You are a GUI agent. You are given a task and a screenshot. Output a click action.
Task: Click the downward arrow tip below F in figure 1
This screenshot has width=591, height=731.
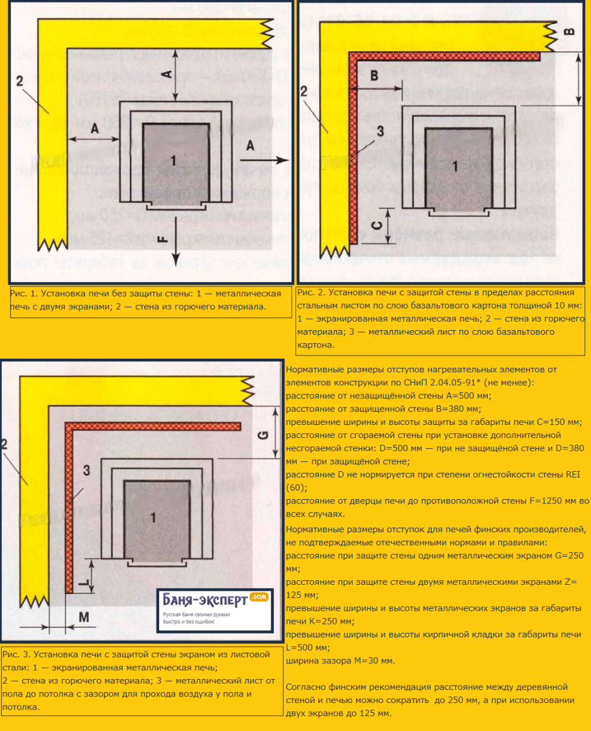(175, 265)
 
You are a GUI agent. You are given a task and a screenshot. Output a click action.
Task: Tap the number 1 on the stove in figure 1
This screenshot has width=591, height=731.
(173, 161)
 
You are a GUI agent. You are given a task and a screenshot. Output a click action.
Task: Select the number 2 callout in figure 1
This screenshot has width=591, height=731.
(19, 81)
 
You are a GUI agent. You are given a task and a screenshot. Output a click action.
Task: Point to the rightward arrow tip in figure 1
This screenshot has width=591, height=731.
(288, 160)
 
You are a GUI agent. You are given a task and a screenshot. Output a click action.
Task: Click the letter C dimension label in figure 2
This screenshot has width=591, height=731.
(377, 226)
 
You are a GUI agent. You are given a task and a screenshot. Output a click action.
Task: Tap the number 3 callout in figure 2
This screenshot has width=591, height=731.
(381, 131)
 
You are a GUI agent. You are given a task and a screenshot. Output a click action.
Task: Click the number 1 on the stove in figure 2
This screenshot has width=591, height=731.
(455, 166)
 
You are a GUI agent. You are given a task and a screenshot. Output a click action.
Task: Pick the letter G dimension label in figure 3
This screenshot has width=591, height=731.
(263, 435)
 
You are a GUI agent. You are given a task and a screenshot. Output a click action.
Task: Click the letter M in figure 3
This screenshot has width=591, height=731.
(84, 617)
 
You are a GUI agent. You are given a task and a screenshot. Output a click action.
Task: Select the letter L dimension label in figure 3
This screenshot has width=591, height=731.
(84, 584)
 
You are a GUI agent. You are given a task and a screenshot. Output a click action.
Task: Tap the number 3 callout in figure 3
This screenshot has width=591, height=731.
(86, 470)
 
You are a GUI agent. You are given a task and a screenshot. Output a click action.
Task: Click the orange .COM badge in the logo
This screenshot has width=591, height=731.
(258, 597)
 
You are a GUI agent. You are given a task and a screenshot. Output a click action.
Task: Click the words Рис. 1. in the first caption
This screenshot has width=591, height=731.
(24, 293)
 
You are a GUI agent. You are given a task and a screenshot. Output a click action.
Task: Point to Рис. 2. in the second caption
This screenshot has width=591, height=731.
(312, 292)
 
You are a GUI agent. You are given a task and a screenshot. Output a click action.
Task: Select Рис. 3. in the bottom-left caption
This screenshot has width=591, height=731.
(17, 654)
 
